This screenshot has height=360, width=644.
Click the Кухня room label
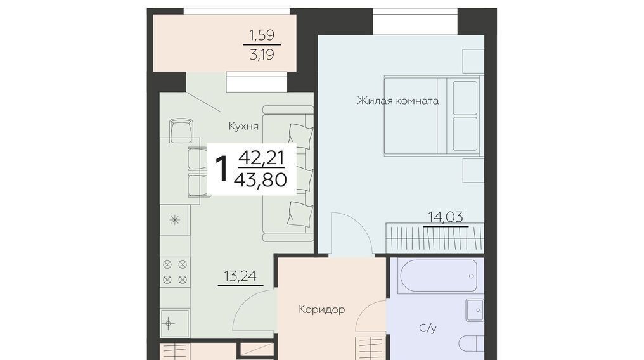pyautogui.click(x=243, y=126)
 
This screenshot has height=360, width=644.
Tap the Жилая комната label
pyautogui.click(x=397, y=101)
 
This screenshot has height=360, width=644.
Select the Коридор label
pyautogui.click(x=321, y=309)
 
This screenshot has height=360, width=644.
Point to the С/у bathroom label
pyautogui.click(x=428, y=328)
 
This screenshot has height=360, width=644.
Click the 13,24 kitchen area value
pyautogui.click(x=240, y=276)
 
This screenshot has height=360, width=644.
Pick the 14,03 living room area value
pyautogui.click(x=446, y=216)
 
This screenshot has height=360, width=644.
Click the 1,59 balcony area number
pyautogui.click(x=262, y=35)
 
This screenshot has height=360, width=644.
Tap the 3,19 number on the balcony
pyautogui.click(x=262, y=54)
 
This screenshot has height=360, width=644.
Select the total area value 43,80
pyautogui.click(x=260, y=179)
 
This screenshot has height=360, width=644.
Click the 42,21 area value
pyautogui.click(x=261, y=158)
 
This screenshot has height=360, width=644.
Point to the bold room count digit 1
pyautogui.click(x=222, y=169)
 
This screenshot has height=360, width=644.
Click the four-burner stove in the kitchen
pyautogui.click(x=175, y=272)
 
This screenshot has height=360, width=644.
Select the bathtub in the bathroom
pyautogui.click(x=437, y=276)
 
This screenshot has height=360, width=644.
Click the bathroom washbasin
pyautogui.click(x=475, y=310)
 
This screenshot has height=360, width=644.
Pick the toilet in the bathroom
pyautogui.click(x=472, y=343)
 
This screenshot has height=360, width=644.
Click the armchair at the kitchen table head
pyautogui.click(x=181, y=131)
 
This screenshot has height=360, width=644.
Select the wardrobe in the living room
pyautogui.click(x=435, y=238)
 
